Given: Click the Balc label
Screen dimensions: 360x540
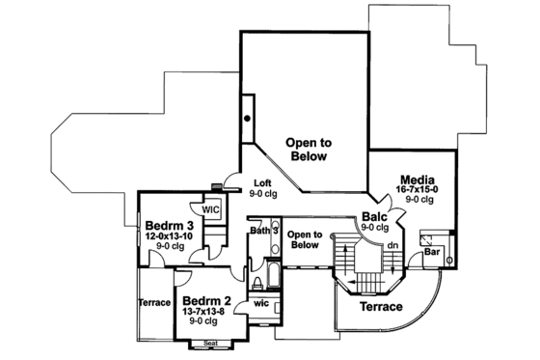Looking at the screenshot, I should tap(375, 217).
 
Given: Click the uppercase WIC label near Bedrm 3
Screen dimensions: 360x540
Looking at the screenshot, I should tap(211, 208).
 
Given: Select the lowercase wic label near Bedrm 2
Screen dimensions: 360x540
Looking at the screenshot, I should tap(259, 302).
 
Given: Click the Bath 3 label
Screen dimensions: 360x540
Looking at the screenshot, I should tap(263, 231).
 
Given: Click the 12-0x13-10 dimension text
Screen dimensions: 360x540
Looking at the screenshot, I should tap(168, 235).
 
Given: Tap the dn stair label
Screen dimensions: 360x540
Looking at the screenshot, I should tap(391, 245).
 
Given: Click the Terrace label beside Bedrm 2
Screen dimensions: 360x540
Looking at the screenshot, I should tap(154, 302).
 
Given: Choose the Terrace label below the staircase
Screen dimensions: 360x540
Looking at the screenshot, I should tap(381, 306).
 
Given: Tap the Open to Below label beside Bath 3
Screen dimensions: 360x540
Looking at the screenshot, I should tap(304, 239).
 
